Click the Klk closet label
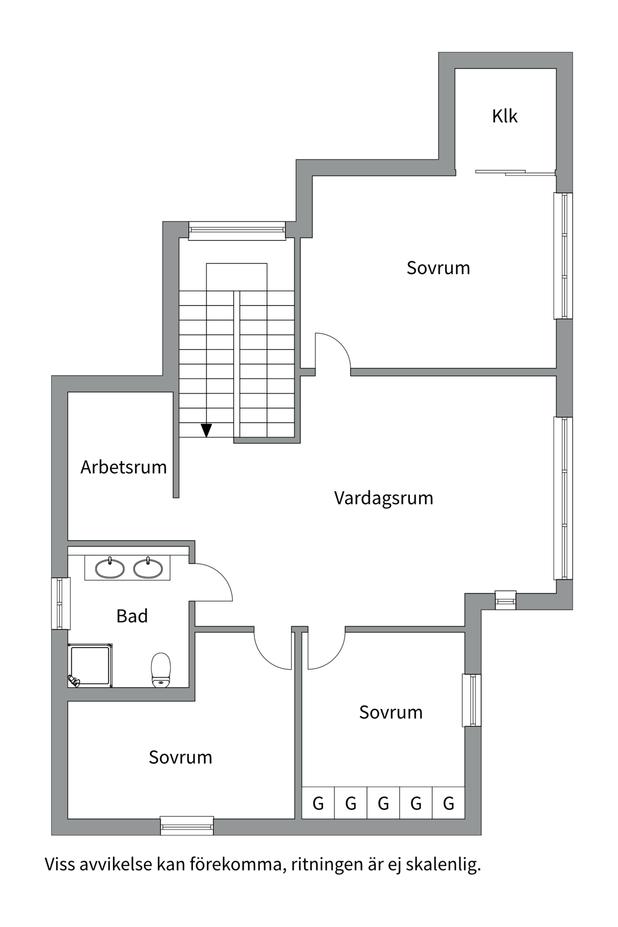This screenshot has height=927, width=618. pos(505,116)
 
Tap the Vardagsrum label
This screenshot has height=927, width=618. pos(383,498)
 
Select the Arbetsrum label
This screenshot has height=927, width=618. pos(124,467)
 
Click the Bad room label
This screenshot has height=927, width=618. pos(132,616)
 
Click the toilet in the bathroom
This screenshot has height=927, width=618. pos(161,670)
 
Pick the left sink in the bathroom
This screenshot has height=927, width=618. pos(110,568)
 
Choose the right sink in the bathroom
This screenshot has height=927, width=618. pos(148,568)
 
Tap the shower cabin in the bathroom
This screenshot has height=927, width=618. pos(90,665)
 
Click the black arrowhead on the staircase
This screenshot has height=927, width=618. pos(207,430)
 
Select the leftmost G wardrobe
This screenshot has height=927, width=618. pos(318,803)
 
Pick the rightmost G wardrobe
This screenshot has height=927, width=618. pos(449,803)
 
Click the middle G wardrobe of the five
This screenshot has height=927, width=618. pos(383,803)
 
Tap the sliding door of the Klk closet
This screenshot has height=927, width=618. pos(515,172)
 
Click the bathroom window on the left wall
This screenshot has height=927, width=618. pos(60,603)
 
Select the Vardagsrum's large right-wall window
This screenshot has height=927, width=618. pos(563,498)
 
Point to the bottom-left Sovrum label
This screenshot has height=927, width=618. pos(180,757)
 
